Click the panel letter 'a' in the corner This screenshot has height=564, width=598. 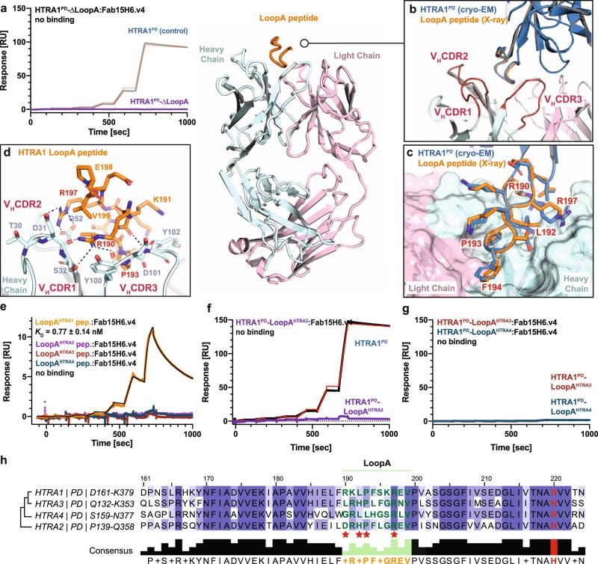5,7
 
